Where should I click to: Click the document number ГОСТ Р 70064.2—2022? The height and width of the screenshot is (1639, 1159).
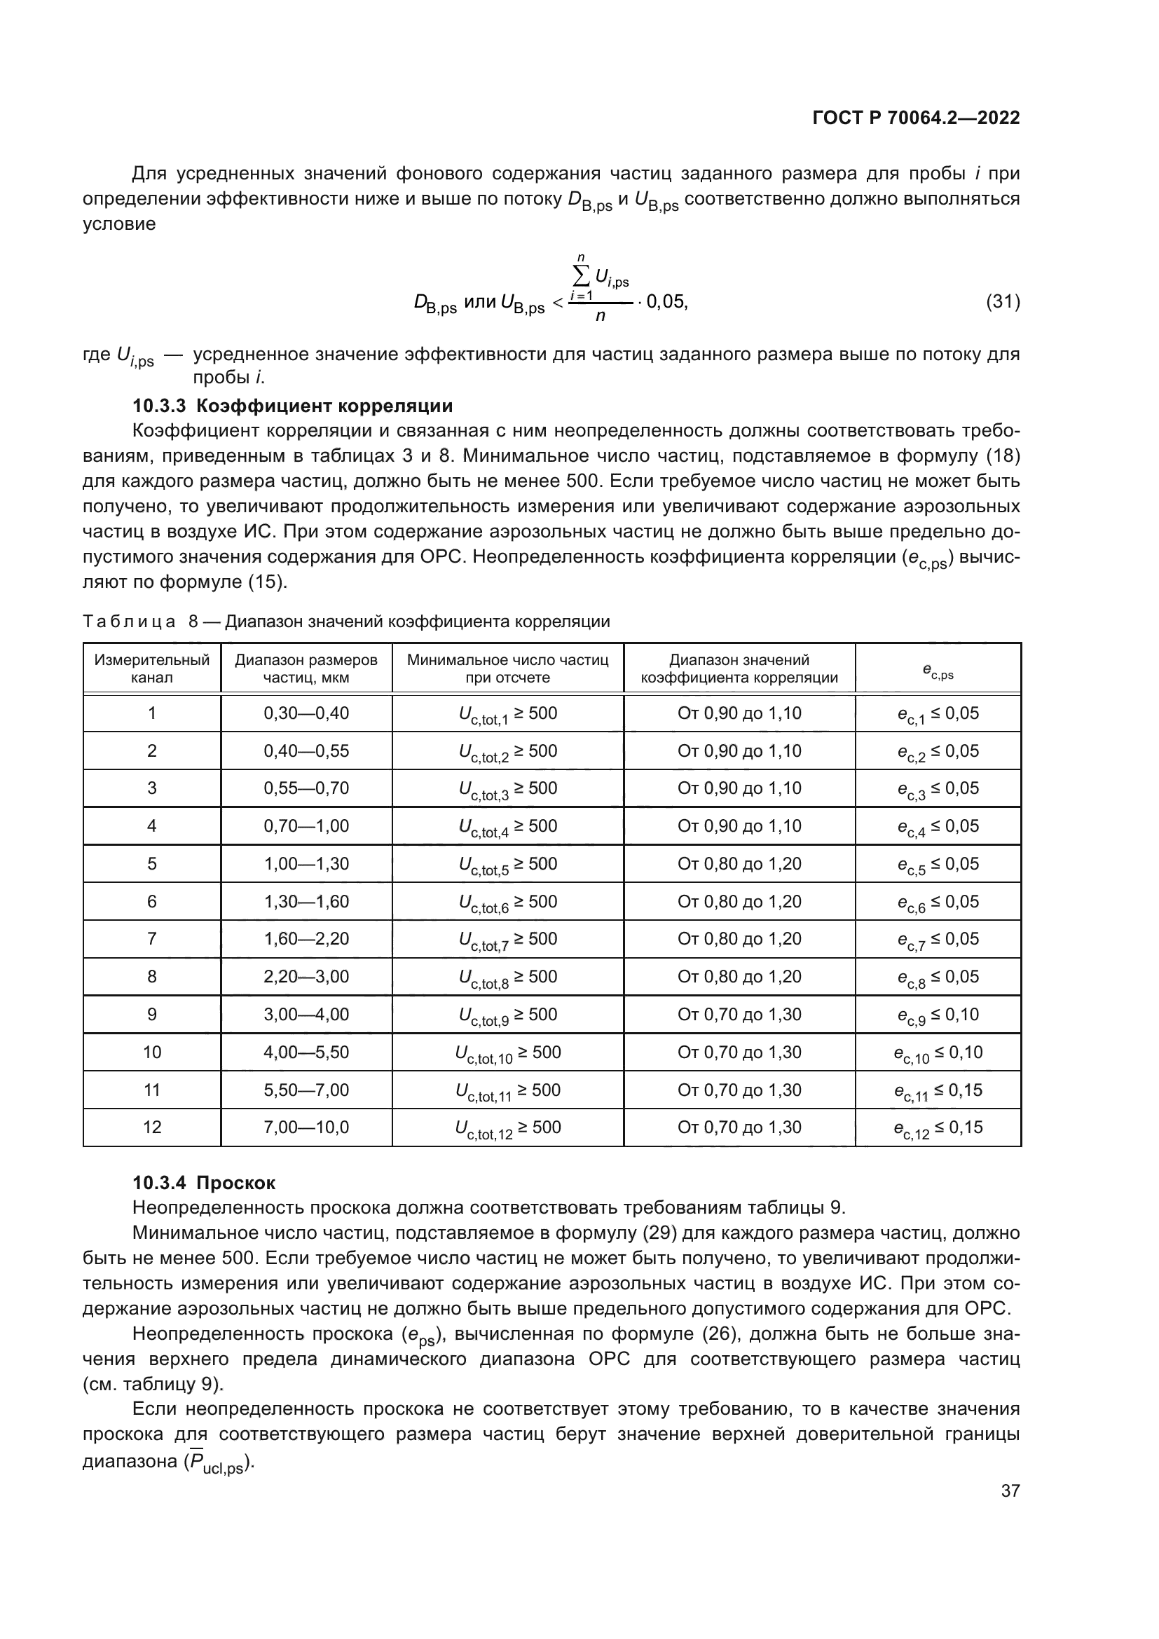click(x=916, y=118)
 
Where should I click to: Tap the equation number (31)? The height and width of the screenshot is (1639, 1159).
click(x=1003, y=302)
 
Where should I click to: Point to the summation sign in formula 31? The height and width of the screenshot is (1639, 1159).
click(x=582, y=275)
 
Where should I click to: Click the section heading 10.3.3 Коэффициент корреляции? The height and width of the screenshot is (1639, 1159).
click(x=293, y=406)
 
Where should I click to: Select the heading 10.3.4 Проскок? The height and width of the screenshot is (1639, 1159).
click(x=204, y=1183)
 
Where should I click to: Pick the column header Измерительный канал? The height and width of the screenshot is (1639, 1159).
click(x=152, y=668)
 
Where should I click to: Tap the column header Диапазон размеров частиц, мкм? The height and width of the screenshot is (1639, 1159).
click(x=306, y=668)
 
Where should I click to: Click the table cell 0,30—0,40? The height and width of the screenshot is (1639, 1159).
click(x=306, y=713)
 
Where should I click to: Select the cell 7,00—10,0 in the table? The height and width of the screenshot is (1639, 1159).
click(x=306, y=1127)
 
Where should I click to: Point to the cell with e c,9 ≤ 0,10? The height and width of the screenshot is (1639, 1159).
click(x=938, y=1015)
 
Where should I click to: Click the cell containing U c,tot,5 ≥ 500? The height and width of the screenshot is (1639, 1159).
click(x=507, y=865)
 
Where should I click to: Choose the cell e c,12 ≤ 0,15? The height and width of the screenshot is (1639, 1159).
click(x=938, y=1128)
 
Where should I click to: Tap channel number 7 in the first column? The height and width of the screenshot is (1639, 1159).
click(x=152, y=939)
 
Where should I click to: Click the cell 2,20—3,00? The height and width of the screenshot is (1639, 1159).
click(x=306, y=977)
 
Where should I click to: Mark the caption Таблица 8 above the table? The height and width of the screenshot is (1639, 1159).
click(x=346, y=622)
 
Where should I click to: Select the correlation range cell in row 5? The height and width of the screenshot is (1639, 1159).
click(x=739, y=864)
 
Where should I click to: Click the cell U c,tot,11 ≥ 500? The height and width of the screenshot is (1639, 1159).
click(x=507, y=1090)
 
